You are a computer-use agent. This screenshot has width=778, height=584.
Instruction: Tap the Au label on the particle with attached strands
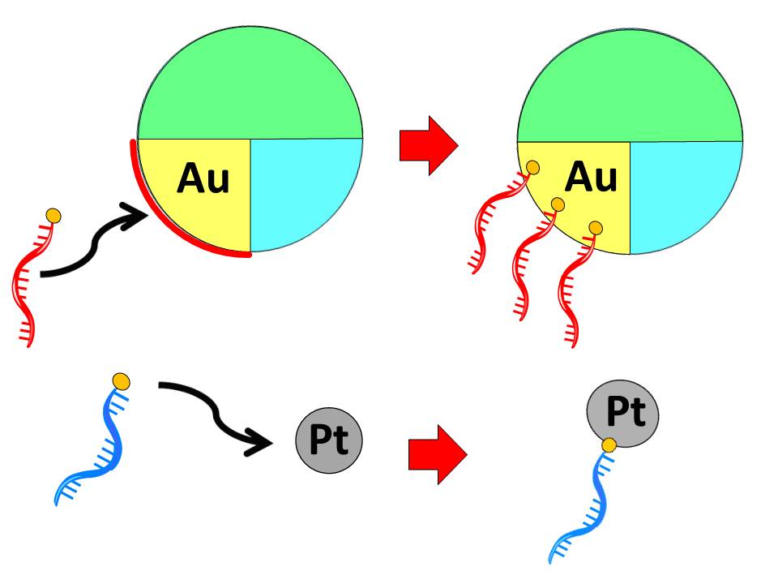point(591,176)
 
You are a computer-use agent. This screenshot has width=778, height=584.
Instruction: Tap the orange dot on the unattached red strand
point(53,216)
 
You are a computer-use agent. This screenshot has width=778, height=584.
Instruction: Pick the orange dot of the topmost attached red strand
point(533,168)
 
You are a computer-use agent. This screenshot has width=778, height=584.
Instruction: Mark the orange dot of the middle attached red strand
point(558,204)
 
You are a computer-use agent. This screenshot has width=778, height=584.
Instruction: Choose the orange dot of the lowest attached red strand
point(596,228)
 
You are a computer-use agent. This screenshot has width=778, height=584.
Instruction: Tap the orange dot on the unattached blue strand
point(121,380)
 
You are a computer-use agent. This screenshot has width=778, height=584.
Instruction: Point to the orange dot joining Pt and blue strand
point(608,444)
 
